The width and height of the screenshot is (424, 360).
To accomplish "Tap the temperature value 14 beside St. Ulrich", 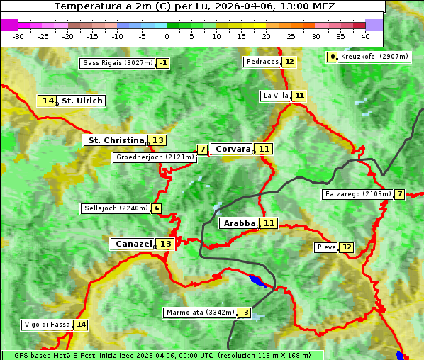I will coord(48,101).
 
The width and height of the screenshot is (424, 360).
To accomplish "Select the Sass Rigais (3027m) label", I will coord(117,63).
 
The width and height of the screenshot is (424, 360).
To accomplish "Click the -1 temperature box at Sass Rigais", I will coord(163,63).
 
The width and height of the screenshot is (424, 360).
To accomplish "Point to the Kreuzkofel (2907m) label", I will coord(374,57).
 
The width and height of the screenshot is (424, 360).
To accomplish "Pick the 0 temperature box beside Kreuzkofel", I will coord(332,57).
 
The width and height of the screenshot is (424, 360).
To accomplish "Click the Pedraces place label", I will coord(262,62).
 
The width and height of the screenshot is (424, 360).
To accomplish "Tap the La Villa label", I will coord(275,96).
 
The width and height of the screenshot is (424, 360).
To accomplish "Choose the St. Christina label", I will coord(115,140).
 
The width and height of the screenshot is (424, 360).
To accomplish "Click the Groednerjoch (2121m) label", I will coord(154,157).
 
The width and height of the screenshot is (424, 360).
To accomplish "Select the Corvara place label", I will coord(233,149).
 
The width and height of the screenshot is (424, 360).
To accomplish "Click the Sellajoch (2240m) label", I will coord(116,208).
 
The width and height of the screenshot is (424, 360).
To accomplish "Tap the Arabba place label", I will coord(239,223).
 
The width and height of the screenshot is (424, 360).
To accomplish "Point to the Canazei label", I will coord(133,244).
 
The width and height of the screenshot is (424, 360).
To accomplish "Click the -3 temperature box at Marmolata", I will coord(244,313).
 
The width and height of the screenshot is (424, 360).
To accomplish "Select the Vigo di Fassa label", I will coord(47,325).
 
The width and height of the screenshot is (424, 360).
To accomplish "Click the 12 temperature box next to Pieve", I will coord(346,247).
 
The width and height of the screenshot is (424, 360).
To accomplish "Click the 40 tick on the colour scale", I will coord(365,35).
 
